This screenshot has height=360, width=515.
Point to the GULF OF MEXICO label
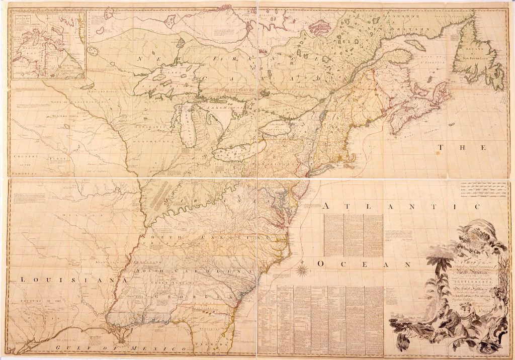pyautogui.click(x=116, y=347)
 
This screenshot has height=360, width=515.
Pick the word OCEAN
pyautogui.click(x=365, y=264)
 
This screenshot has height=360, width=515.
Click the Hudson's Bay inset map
pyautogui.click(x=48, y=46)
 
